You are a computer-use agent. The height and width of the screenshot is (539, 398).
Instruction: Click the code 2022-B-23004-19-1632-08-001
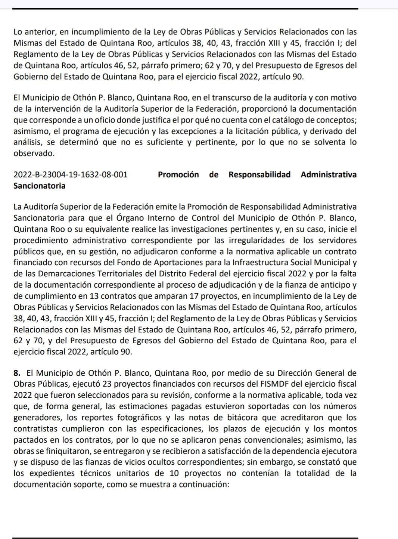(x=70, y=175)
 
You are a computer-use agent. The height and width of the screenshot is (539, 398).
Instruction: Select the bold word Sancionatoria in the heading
(x=39, y=186)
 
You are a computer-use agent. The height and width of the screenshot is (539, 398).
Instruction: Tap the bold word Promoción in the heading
(x=178, y=175)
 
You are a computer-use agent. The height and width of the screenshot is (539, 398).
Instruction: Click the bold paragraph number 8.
(x=16, y=373)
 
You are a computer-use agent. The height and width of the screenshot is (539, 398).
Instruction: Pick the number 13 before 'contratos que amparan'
(x=94, y=297)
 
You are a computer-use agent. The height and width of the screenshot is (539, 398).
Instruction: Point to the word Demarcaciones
(x=64, y=274)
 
